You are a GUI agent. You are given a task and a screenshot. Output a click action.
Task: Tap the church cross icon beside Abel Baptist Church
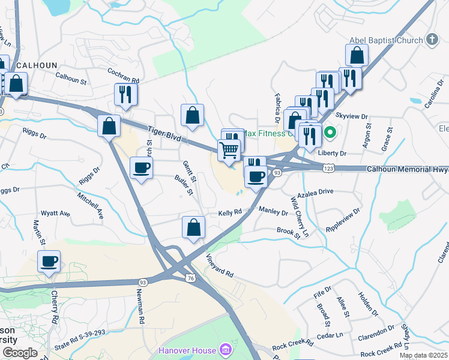pyautogui.click(x=432, y=40)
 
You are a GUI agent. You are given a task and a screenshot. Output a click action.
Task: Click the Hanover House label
pyautogui.click(x=188, y=350)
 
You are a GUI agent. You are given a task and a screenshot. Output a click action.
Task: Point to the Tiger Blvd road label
pyautogui.click(x=164, y=133)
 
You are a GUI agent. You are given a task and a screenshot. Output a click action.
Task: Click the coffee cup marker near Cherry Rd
pyautogui.click(x=49, y=262)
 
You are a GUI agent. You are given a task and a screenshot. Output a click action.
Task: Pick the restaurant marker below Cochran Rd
pyautogui.click(x=125, y=94)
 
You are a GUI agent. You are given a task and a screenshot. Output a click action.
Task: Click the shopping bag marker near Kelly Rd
pyautogui.click(x=193, y=228)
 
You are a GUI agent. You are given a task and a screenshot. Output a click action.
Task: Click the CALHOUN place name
pyautogui.click(x=37, y=65)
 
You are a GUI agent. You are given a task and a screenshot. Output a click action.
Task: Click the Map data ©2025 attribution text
pyautogui.click(x=423, y=355)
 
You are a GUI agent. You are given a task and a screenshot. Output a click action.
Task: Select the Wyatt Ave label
pyautogui.click(x=55, y=214)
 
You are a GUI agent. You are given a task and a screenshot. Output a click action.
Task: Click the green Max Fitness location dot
pyautogui.click(x=329, y=133)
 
